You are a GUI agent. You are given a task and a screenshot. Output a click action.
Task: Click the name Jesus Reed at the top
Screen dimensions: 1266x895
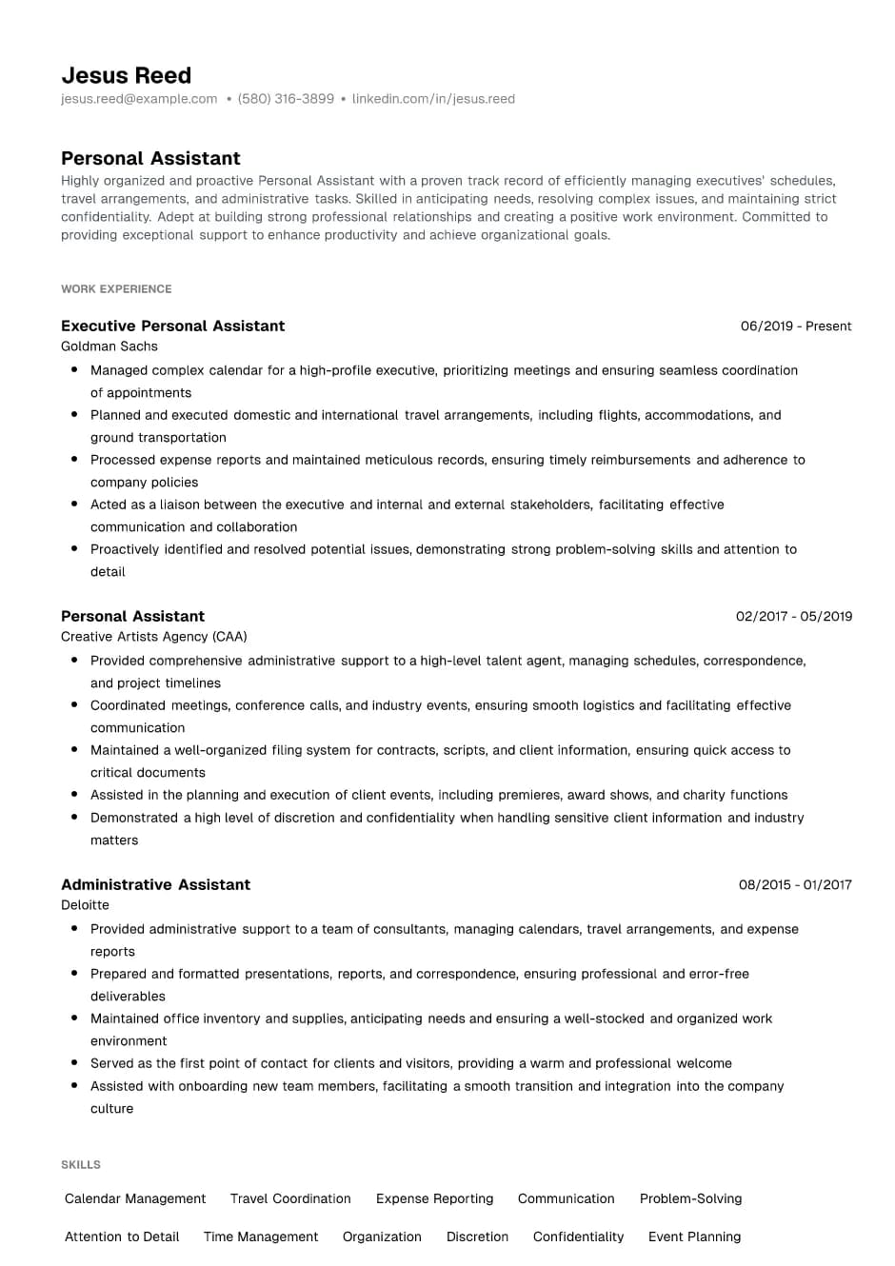(126, 75)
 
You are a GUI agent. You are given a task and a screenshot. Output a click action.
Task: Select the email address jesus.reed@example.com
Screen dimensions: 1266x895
(139, 99)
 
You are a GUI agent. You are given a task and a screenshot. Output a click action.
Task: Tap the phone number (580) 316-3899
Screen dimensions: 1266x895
(286, 99)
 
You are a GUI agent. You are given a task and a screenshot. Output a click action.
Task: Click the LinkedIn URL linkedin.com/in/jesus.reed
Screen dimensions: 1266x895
(433, 99)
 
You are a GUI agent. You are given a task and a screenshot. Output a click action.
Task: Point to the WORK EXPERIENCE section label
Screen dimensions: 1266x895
(116, 288)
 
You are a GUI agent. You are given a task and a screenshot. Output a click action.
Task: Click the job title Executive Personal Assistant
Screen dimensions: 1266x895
(172, 326)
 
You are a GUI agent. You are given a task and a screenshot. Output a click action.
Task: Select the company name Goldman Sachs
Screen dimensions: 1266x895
(109, 346)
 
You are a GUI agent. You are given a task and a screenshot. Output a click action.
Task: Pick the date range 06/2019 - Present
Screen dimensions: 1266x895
(796, 326)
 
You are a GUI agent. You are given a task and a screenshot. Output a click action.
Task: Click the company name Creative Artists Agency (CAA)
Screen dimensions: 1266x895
(153, 637)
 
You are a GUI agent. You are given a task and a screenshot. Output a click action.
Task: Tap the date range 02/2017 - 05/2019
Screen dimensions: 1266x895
(794, 616)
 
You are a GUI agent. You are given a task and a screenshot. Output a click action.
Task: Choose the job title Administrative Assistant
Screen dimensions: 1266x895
(155, 884)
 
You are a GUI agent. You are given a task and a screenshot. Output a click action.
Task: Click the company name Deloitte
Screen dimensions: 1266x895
(85, 905)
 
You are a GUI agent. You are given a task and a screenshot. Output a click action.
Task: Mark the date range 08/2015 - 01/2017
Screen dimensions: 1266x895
(795, 884)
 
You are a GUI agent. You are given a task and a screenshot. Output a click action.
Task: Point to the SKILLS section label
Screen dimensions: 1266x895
(81, 1164)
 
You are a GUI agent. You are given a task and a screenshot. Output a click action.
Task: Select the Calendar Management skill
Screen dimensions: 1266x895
(135, 1198)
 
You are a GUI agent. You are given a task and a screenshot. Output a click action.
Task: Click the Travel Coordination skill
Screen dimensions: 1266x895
(290, 1198)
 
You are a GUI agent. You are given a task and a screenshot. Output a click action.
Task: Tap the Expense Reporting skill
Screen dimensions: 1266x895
(434, 1198)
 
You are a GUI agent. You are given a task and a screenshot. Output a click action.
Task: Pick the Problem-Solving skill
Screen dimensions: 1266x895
(690, 1198)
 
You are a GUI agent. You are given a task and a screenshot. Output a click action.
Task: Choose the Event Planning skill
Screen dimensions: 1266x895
(694, 1236)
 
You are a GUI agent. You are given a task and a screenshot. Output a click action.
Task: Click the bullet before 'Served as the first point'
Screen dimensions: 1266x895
(74, 1062)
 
